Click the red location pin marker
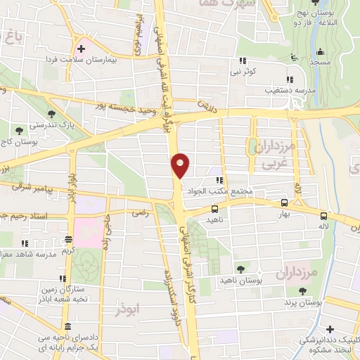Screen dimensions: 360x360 click(x=180, y=166)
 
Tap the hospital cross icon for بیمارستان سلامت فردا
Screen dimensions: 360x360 click(x=82, y=49)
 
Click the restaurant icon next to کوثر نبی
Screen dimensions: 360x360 click(x=243, y=61)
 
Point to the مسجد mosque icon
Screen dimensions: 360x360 click(x=321, y=51)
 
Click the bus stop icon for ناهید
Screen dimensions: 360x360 click(x=214, y=208)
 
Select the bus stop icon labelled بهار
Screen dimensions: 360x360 click(x=285, y=200)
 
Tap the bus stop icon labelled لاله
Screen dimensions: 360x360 click(x=323, y=216)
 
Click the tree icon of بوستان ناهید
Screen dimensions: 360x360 click(x=241, y=269)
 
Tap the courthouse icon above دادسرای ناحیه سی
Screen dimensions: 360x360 click(x=67, y=328)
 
